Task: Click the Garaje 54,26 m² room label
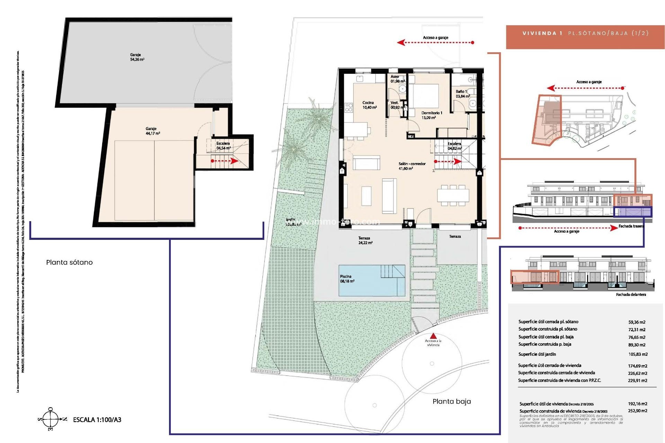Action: point(137,57)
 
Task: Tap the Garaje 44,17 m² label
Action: point(152,131)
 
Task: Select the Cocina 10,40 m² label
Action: point(369,105)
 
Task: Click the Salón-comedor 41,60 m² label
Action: point(412,166)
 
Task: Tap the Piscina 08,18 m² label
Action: point(347,279)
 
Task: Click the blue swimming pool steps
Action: point(393,272)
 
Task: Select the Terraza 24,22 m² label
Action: point(365,241)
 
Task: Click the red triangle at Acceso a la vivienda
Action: point(433,336)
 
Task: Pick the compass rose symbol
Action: point(51,419)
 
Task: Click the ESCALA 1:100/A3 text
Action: point(97,420)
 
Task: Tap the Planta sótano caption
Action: point(69,262)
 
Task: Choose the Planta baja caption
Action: point(452,401)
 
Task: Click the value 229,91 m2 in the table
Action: point(637,380)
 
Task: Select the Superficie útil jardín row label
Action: point(537,354)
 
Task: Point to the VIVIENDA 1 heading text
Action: point(542,33)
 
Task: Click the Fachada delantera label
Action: point(631,295)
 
